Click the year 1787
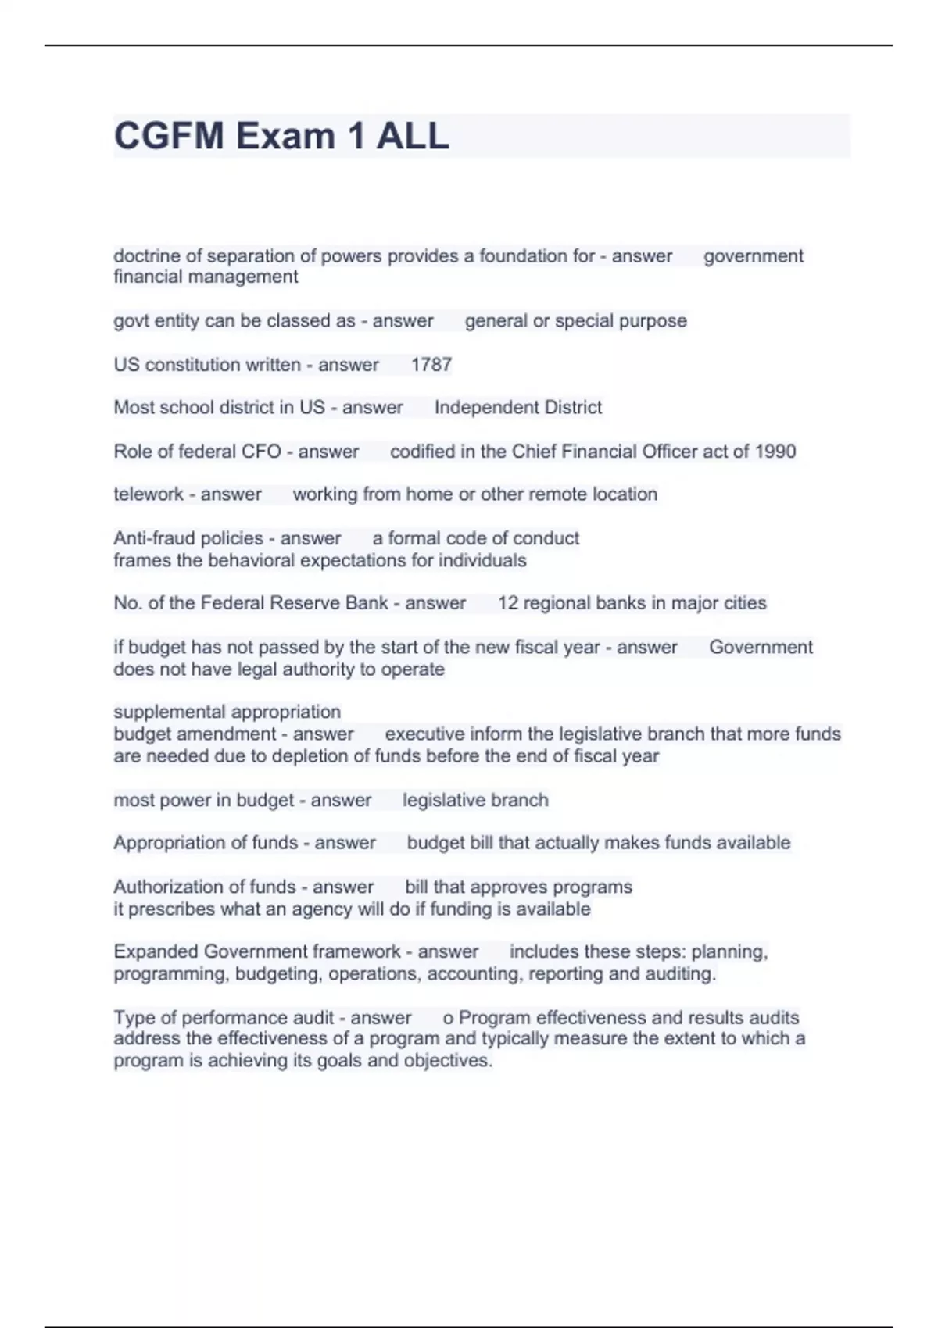pos(431,365)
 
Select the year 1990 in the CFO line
pos(775,452)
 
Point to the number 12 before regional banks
pos(508,603)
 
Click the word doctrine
pos(145,256)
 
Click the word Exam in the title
pos(285,136)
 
